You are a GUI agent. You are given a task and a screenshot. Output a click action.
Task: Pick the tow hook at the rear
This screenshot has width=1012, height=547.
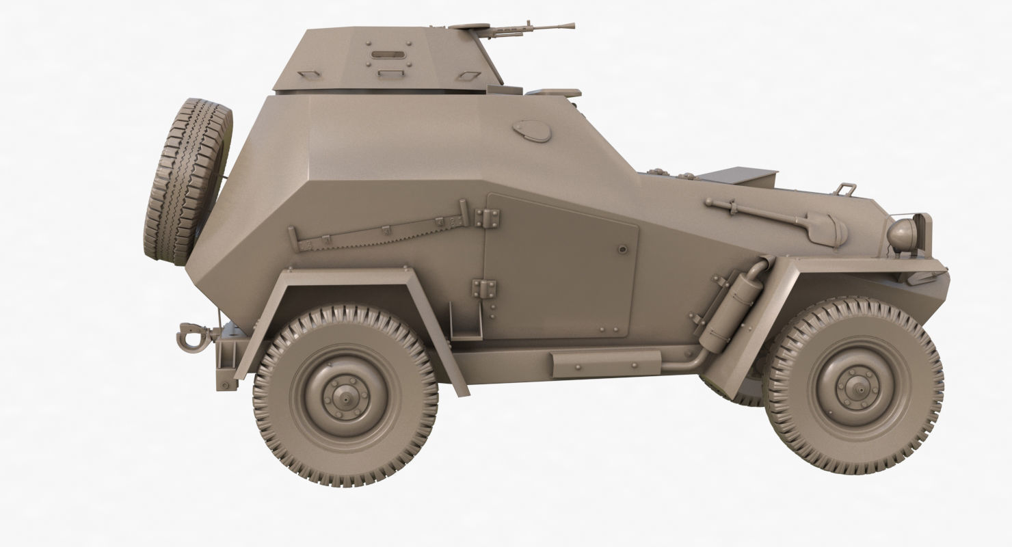pyautogui.click(x=188, y=336)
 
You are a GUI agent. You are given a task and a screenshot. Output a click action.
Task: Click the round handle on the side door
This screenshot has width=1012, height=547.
pyautogui.click(x=622, y=250)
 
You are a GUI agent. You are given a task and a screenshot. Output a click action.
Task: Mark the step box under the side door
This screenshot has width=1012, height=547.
pyautogui.click(x=605, y=362)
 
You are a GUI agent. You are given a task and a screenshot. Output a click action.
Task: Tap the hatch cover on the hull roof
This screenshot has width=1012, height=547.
pyautogui.click(x=552, y=93)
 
